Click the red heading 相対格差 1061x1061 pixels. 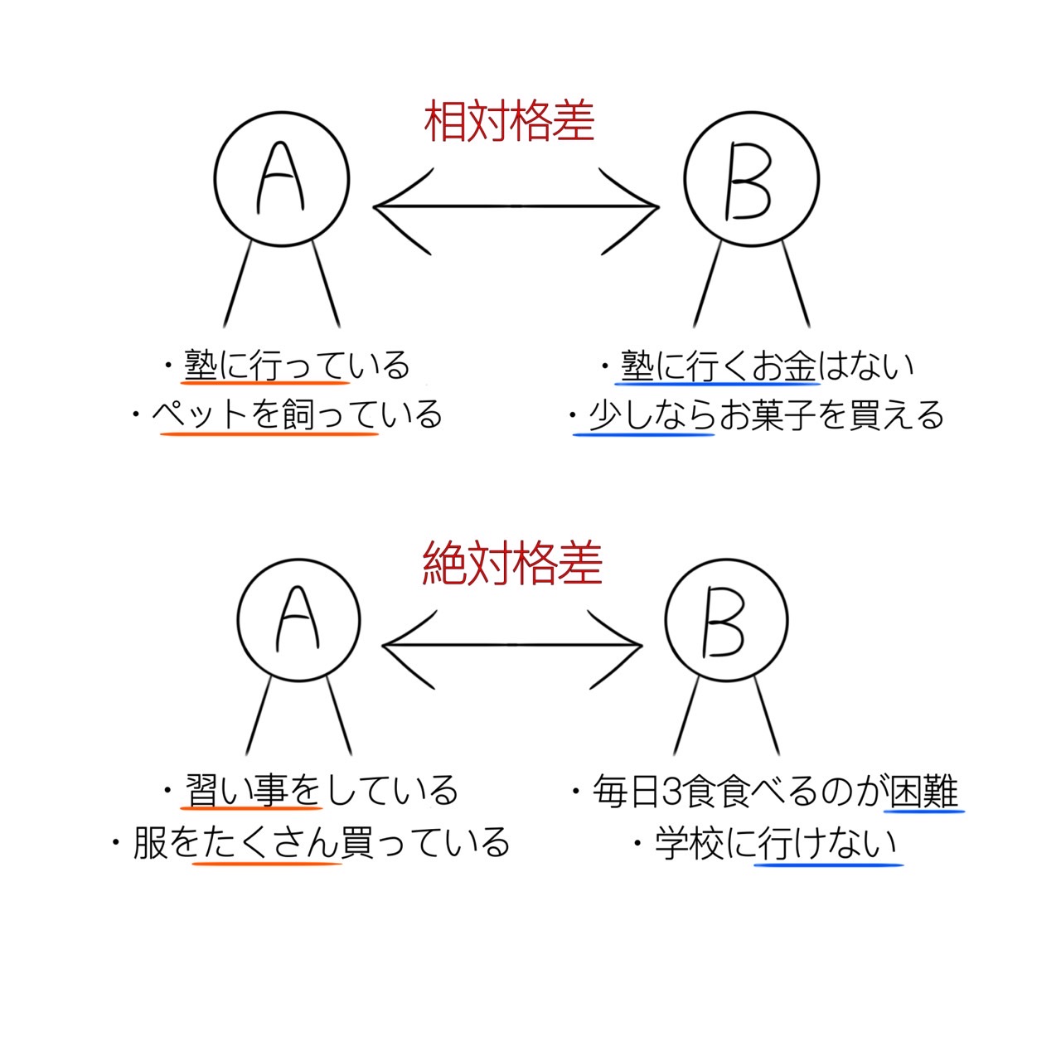[509, 122]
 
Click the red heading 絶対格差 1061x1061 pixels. [511, 564]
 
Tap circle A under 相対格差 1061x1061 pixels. [282, 180]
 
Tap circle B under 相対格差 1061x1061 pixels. [751, 180]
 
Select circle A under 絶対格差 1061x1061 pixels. [298, 620]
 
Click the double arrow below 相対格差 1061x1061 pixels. [516, 207]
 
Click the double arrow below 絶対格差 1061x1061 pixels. [512, 645]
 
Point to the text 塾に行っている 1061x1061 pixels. [296, 366]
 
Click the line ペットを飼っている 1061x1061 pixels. [296, 414]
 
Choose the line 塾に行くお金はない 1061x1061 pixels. [767, 366]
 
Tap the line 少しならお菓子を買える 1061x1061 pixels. [765, 415]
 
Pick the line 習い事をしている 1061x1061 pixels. [320, 791]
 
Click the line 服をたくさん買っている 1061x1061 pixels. [320, 843]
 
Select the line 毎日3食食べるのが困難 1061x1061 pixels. [774, 792]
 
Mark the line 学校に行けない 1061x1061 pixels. [776, 844]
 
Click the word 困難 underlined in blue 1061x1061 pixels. [923, 792]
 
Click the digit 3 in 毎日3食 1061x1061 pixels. [671, 792]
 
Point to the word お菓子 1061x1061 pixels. [767, 415]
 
